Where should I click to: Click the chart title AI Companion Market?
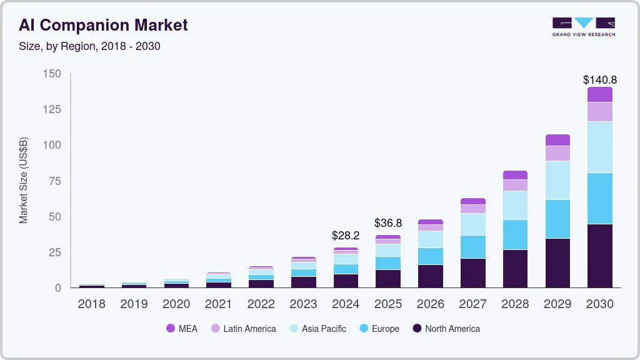pos(103,25)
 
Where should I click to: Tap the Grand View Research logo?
pos(583,26)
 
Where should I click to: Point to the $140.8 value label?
pos(599,80)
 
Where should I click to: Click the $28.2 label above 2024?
pos(346,236)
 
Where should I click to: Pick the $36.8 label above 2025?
pos(387,223)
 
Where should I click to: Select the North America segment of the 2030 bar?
pos(599,256)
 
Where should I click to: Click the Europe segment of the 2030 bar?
pos(599,198)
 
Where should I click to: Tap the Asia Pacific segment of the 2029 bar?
pos(557,180)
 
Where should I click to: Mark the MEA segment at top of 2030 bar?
pos(599,94)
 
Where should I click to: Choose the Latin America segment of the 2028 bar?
pos(515,185)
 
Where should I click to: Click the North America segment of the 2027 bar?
pos(473,272)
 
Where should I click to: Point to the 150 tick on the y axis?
pos(52,74)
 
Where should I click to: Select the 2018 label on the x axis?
pos(92,304)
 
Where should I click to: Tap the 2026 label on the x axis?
pos(430,304)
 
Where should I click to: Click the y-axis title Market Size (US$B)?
pos(24,180)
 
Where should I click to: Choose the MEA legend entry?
pos(182,328)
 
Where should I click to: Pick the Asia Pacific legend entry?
pos(317,328)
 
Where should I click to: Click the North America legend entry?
pos(446,328)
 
